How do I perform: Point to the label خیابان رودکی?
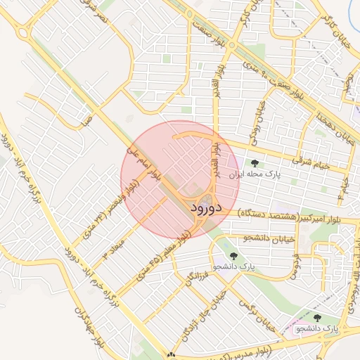pyautogui.click(x=260, y=115)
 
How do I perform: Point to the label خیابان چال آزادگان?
pyautogui.click(x=200, y=323)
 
